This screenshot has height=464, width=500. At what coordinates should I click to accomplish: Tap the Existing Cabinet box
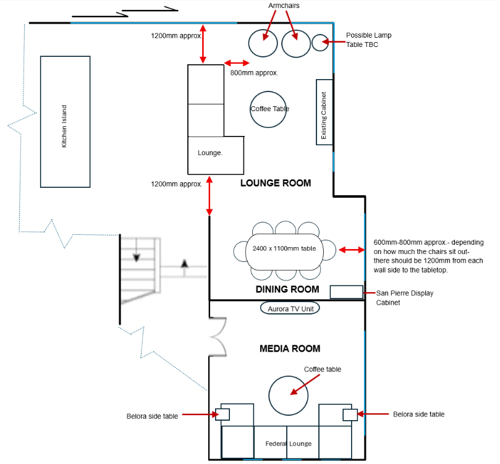pos(324,112)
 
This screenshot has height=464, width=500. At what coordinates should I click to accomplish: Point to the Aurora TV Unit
pos(290,308)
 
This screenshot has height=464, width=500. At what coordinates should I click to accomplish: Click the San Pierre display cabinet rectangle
pos(346,292)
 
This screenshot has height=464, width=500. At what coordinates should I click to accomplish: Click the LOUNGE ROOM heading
pos(276,183)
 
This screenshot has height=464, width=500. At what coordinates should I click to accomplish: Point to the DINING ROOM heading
pos(287,289)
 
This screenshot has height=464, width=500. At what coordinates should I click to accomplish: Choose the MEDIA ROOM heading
pos(290,348)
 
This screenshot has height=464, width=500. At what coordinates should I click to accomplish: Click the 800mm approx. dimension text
pos(254,73)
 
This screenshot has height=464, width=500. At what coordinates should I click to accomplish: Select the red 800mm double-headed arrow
pos(237,63)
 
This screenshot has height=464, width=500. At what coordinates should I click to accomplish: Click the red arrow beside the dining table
pos(352,250)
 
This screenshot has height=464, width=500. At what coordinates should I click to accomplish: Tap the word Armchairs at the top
pos(284,6)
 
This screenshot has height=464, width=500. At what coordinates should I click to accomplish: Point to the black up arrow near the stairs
pos(184,268)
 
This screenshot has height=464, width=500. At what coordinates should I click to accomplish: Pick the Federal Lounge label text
pos(288,444)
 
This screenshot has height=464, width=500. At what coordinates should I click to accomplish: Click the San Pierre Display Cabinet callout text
pos(405,298)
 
